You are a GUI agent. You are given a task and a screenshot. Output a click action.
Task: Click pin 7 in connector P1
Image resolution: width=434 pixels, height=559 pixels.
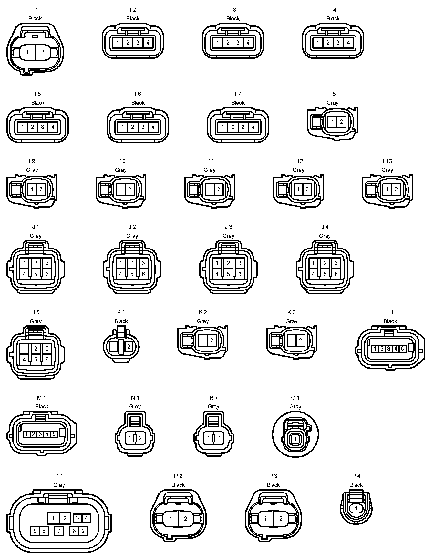click(x=59, y=531)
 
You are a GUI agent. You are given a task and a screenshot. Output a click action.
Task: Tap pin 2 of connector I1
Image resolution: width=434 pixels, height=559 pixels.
click(x=42, y=52)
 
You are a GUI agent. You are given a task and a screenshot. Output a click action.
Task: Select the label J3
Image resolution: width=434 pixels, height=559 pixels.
click(x=228, y=227)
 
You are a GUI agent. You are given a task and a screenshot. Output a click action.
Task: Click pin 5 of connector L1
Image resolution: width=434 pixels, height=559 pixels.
click(x=402, y=349)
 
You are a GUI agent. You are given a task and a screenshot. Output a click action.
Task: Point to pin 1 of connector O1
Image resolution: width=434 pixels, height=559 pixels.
click(x=295, y=439)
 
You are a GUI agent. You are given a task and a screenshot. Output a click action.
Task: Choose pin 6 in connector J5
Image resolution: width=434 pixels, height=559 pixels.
click(x=47, y=359)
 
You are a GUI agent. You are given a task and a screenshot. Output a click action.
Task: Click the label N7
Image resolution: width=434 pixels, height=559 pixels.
click(x=213, y=398)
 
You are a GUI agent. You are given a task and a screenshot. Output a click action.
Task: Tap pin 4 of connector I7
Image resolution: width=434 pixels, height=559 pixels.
click(x=253, y=127)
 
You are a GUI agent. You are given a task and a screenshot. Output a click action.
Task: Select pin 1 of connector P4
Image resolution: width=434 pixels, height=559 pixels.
click(x=356, y=508)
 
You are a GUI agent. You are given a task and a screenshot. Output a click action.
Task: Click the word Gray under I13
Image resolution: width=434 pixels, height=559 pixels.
click(x=387, y=170)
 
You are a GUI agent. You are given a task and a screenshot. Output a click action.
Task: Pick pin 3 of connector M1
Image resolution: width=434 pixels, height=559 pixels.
click(x=40, y=434)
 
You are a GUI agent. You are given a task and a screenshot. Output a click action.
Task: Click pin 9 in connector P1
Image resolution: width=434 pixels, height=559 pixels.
click(x=83, y=531)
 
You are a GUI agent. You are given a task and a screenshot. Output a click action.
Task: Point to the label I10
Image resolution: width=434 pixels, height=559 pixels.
click(x=120, y=161)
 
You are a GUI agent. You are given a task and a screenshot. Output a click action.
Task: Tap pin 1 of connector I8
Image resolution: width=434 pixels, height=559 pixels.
click(x=333, y=122)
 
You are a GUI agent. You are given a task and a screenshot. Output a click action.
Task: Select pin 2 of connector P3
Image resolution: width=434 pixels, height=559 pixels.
click(x=281, y=519)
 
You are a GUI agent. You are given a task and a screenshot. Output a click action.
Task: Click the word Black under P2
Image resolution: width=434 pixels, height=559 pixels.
click(x=178, y=485)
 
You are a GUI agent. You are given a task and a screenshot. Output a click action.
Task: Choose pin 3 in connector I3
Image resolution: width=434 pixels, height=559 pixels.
click(x=238, y=43)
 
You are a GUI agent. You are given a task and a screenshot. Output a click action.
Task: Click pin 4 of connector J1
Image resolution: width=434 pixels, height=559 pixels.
click(x=25, y=274)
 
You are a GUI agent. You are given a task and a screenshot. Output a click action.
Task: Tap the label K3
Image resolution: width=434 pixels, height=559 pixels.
click(x=291, y=312)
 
